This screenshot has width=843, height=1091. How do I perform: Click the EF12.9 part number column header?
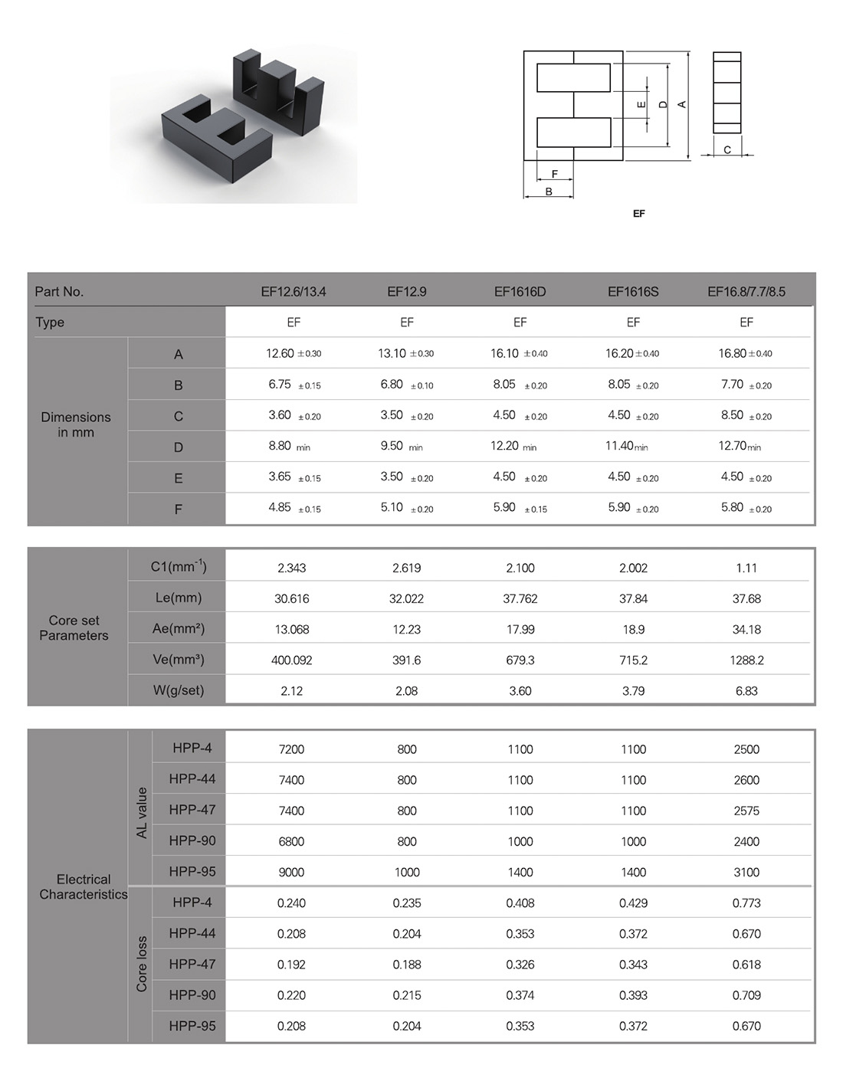407,292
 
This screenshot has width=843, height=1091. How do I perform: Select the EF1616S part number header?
633,292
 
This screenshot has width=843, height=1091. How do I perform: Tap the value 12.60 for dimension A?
280,353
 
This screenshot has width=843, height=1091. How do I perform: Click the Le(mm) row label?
178,598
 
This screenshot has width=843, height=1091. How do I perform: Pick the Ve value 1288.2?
746,660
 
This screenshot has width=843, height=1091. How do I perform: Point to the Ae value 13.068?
292,629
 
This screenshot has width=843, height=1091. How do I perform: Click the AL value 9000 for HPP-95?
291,872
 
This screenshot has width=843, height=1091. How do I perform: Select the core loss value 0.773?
746,903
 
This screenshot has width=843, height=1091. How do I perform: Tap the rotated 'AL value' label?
141,812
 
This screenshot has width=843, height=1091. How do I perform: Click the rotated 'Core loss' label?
141,964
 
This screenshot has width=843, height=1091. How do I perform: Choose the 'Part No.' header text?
59,292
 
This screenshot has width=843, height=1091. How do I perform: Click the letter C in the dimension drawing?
727,150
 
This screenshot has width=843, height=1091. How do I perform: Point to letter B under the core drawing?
549,192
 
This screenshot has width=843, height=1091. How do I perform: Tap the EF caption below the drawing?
639,213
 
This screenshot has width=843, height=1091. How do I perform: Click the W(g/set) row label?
178,690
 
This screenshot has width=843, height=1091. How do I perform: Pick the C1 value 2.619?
407,568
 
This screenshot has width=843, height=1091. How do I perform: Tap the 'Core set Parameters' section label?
74,628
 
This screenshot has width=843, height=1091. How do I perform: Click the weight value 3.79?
633,691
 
